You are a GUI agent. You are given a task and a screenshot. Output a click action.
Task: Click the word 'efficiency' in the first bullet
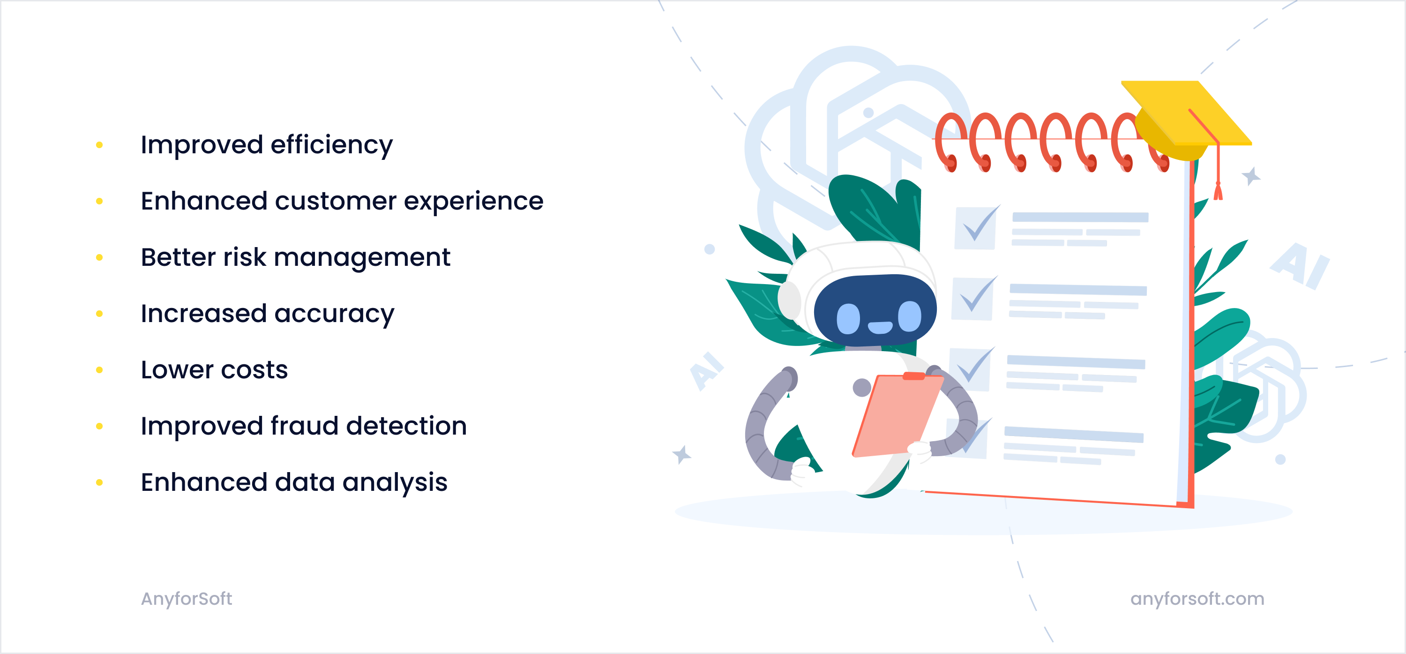point(331,145)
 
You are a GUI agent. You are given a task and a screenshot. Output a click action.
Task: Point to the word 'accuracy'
point(334,314)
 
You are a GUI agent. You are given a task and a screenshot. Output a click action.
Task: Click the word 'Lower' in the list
point(176,369)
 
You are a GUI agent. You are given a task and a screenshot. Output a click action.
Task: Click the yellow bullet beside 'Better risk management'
point(99,257)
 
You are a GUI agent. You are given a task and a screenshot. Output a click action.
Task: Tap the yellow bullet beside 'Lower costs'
point(99,369)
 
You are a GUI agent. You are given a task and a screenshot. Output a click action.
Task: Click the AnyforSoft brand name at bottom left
point(186,598)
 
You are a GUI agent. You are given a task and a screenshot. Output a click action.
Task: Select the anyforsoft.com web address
point(1197,598)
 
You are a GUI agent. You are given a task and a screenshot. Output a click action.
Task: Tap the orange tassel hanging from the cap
point(1218,191)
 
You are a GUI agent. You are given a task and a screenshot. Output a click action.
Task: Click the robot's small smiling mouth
point(879,327)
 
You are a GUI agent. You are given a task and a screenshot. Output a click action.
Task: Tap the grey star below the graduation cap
point(1251,176)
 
